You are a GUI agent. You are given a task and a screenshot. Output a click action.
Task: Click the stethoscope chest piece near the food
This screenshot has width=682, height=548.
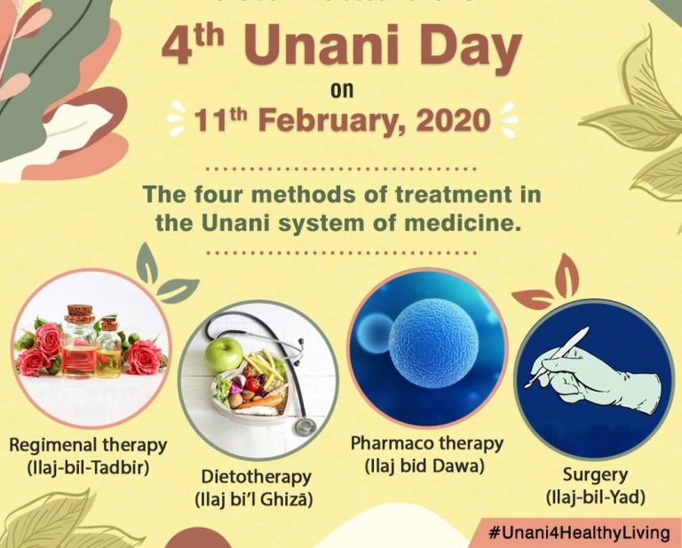305,425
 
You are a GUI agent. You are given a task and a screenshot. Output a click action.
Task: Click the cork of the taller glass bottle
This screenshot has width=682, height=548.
80,313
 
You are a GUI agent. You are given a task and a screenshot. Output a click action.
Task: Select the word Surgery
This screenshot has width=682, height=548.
595,474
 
